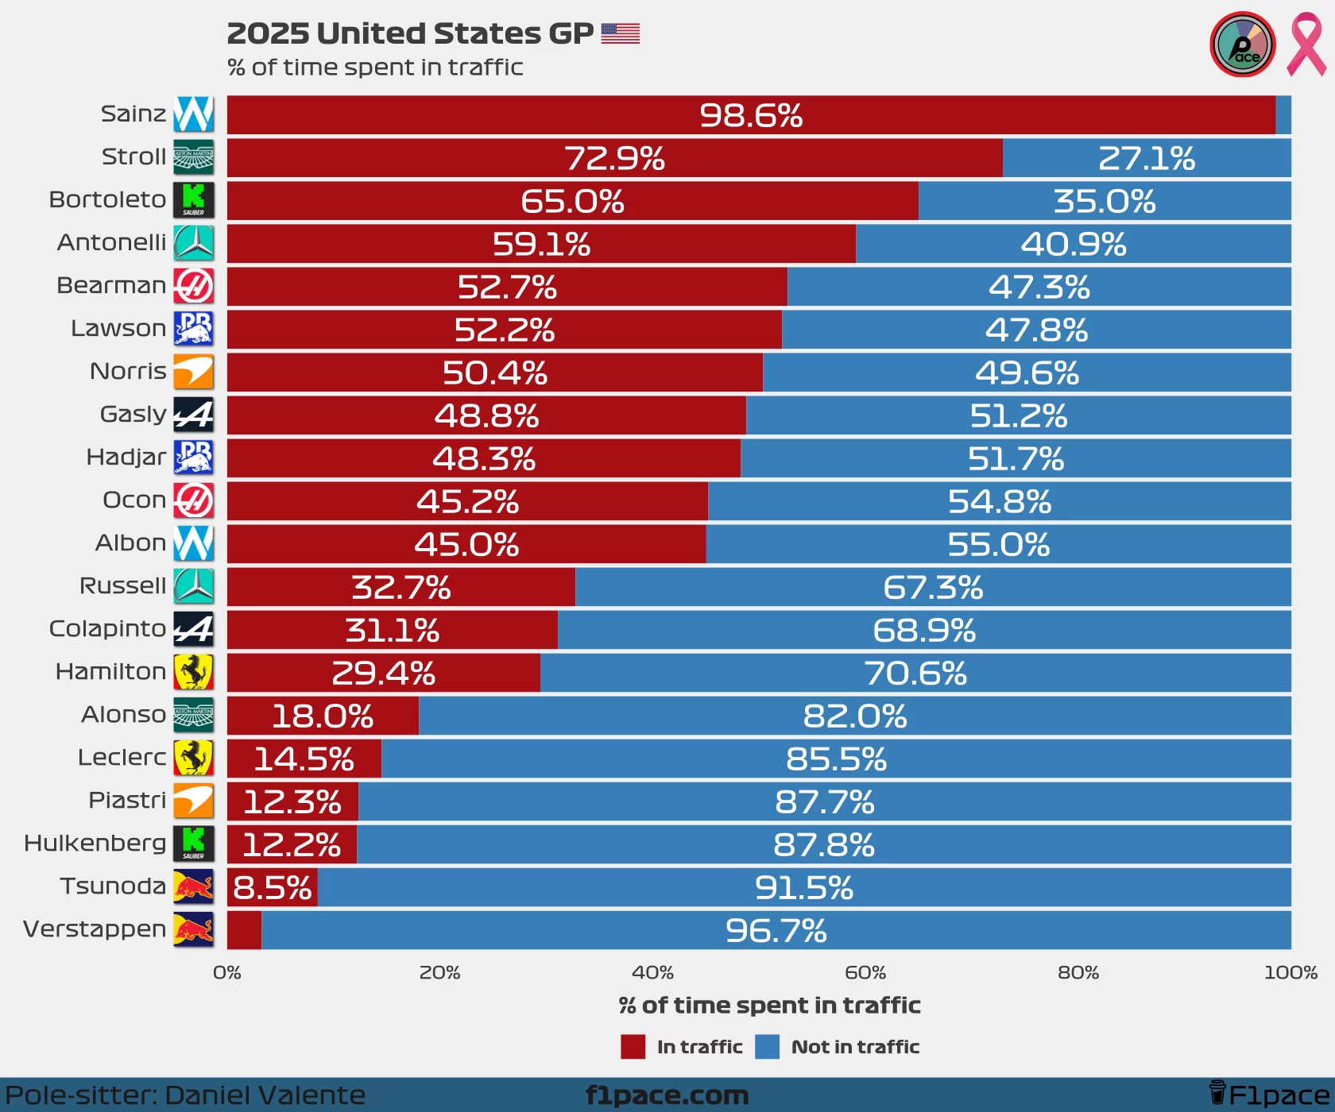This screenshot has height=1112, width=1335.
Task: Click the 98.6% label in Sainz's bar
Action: click(751, 115)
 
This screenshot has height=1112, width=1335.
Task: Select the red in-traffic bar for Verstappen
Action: click(244, 930)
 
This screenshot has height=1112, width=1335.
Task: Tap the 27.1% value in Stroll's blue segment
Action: click(1147, 158)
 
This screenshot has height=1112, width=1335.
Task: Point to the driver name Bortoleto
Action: click(107, 199)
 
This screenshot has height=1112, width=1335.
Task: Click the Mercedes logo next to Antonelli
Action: click(194, 243)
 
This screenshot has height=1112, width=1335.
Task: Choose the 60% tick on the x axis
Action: click(865, 972)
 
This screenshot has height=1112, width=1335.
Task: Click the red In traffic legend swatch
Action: click(633, 1047)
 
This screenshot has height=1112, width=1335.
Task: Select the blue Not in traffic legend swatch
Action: click(767, 1047)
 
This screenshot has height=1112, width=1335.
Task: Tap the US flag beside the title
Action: click(621, 33)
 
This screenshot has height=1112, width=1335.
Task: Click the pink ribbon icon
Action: click(1306, 44)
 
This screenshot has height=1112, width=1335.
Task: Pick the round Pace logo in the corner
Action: click(1243, 44)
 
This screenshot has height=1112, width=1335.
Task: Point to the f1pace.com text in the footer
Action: click(667, 1095)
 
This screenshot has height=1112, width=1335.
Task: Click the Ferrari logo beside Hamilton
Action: click(194, 672)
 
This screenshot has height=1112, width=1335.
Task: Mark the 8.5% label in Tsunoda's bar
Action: click(273, 887)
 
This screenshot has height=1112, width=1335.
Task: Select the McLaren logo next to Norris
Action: click(194, 372)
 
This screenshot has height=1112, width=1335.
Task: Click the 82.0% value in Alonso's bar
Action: click(855, 716)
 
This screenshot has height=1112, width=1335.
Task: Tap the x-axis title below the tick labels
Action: click(769, 1006)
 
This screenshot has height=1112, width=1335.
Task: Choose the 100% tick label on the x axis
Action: click(1290, 972)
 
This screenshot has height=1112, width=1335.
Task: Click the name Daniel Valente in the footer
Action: click(265, 1095)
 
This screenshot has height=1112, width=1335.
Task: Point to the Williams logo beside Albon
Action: click(194, 543)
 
